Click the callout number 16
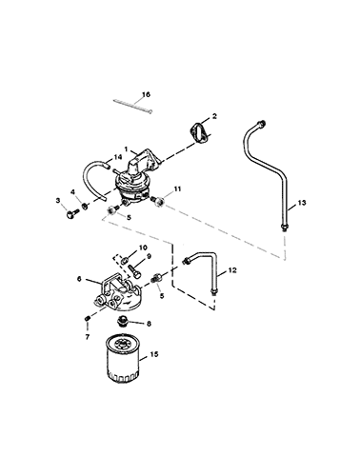point(146,94)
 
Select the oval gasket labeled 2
point(198,134)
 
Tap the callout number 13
point(302,203)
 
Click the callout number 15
point(154,354)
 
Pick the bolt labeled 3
point(71,213)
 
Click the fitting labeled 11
point(158,201)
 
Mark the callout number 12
point(232,270)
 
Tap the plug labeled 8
point(122,321)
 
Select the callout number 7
point(88,337)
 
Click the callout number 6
point(79,279)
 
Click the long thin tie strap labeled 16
point(132,106)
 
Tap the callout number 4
point(73,191)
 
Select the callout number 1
point(126,149)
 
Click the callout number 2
point(214,116)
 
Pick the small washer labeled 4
point(85,206)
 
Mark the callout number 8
point(150,324)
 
